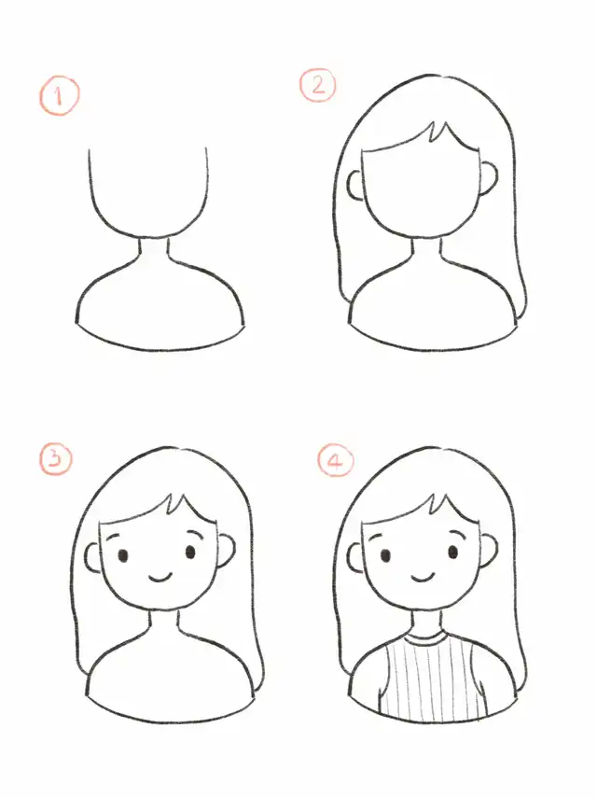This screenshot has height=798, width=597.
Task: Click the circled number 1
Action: click(x=59, y=96)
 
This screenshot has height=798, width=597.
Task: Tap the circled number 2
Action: click(x=318, y=86)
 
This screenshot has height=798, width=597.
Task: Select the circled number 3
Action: click(x=56, y=458)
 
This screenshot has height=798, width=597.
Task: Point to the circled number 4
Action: click(x=336, y=460)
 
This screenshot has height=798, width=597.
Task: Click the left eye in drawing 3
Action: click(x=122, y=555)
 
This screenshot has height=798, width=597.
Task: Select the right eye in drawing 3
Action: click(x=190, y=553)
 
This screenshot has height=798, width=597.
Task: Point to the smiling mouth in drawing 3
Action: click(x=160, y=578)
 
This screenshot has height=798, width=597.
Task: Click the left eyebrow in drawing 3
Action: click(x=115, y=537)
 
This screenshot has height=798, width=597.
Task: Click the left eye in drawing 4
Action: click(x=385, y=555)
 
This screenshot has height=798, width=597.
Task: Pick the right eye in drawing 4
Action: click(x=453, y=553)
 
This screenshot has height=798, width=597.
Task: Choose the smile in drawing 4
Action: click(x=423, y=578)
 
